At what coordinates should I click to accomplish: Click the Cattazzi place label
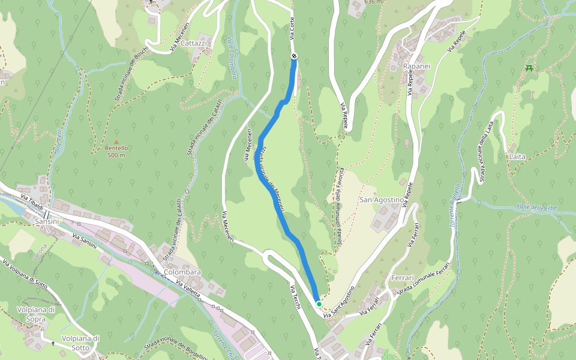point(193,44)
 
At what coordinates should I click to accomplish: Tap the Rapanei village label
point(416,65)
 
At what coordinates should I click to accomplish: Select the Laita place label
point(517,157)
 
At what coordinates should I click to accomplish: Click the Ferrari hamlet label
point(402,279)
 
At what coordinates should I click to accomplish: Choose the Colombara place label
point(182,272)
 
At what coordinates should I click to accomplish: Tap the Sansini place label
point(47,221)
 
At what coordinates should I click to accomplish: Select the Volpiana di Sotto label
point(80,343)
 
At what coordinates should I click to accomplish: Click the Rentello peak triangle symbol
point(116,142)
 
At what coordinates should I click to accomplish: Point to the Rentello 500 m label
point(116,151)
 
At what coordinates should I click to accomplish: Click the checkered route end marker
point(294,56)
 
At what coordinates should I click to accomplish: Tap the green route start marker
point(319,304)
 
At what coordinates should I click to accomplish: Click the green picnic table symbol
point(529,68)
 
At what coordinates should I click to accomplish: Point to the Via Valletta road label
point(190,291)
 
